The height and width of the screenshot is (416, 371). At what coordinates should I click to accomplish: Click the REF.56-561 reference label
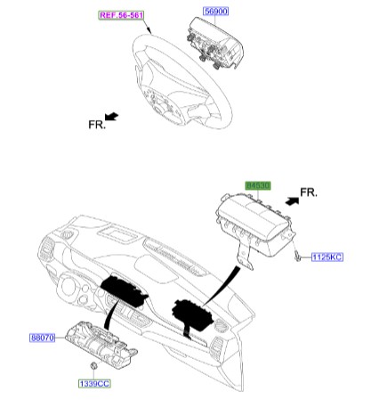pyautogui.click(x=123, y=15)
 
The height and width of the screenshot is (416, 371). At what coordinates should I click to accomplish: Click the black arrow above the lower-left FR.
pyautogui.click(x=111, y=116)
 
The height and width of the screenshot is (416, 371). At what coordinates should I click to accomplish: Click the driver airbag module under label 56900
pyautogui.click(x=216, y=45)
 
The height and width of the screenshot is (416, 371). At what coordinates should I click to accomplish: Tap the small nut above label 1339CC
pyautogui.click(x=93, y=367)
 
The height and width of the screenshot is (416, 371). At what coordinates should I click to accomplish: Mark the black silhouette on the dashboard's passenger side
pyautogui.click(x=191, y=314)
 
